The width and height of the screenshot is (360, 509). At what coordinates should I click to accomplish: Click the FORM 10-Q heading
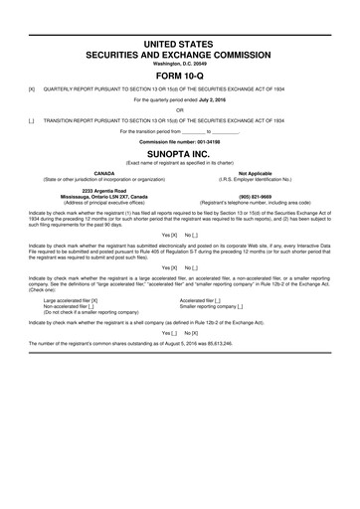180,75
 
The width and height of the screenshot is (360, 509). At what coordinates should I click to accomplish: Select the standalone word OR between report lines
180,109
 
